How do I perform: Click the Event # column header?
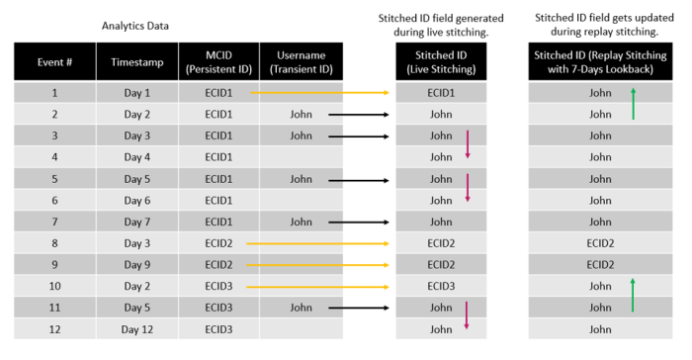[54, 60]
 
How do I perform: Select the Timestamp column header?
[137, 60]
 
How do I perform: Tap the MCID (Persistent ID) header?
[218, 60]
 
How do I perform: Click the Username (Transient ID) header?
[301, 60]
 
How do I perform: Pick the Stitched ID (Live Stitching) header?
[441, 60]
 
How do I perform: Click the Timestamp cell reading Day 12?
[137, 328]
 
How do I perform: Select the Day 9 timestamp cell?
[137, 264]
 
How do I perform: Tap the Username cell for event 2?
[301, 114]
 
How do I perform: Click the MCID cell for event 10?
[218, 286]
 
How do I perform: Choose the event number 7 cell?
[54, 222]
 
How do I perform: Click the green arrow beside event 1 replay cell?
[634, 103]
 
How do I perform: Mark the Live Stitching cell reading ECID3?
[441, 286]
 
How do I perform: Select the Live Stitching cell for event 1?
[441, 92]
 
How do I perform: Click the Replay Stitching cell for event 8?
[600, 243]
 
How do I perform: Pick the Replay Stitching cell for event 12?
[600, 328]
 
